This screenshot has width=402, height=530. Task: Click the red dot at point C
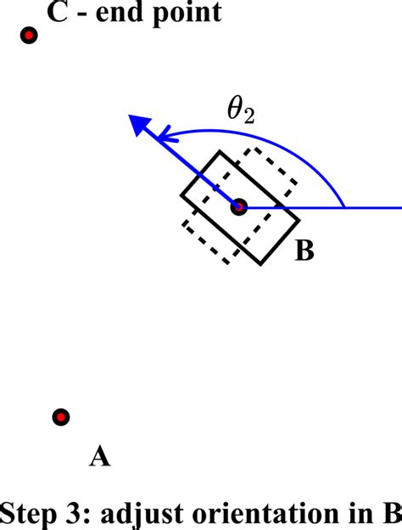[x=29, y=36]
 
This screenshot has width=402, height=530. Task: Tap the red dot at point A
[x=60, y=417]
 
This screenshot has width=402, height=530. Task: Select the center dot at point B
[x=239, y=206]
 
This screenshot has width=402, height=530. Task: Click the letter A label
[x=99, y=458]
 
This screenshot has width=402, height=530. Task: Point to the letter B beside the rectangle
[x=304, y=251]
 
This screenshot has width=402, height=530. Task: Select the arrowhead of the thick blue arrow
[x=138, y=125]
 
